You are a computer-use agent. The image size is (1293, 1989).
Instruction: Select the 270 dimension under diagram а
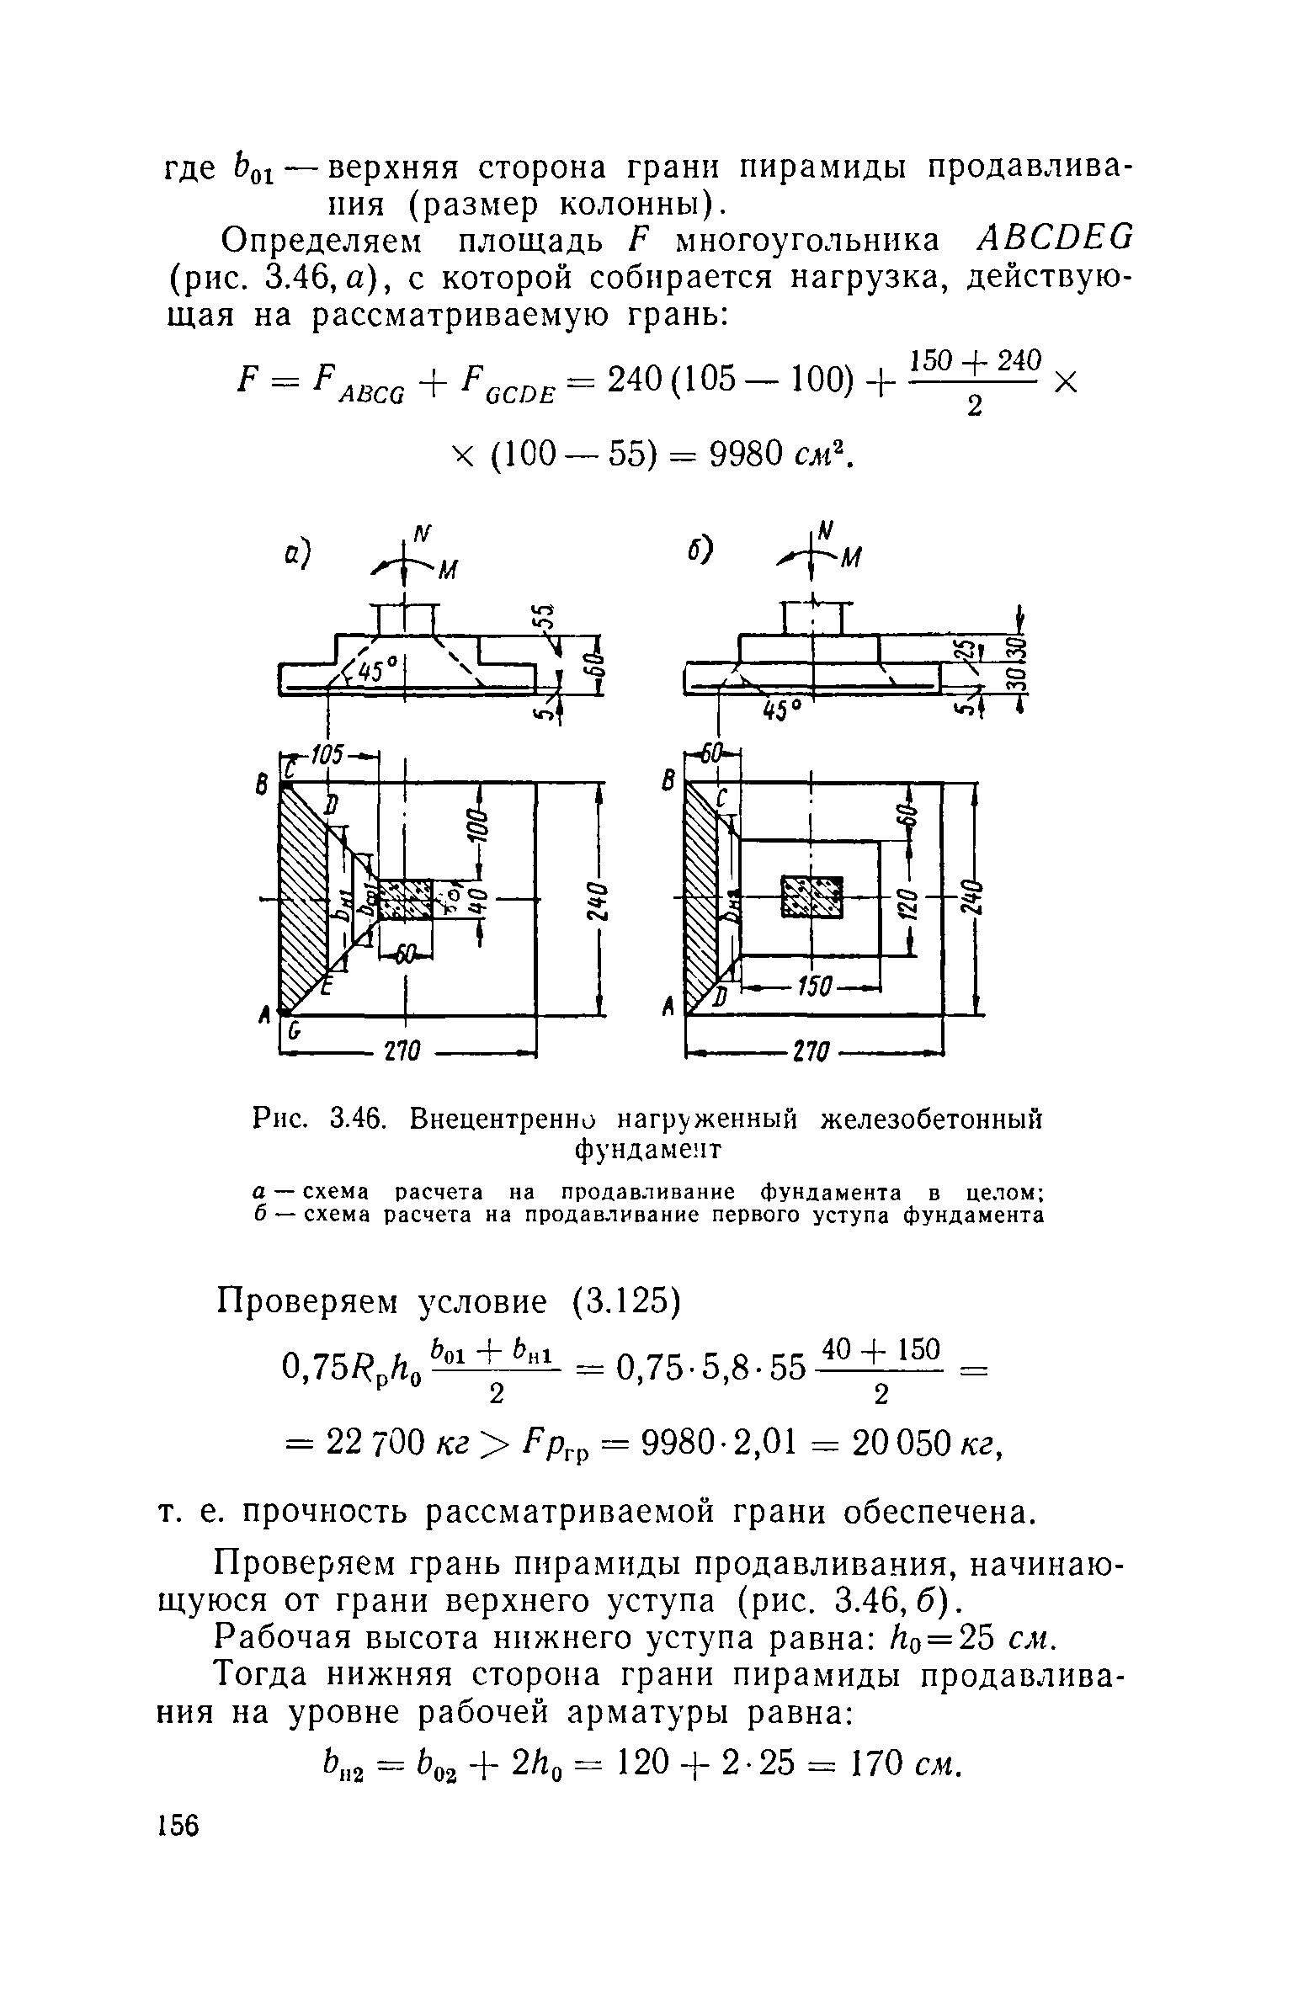tap(407, 1052)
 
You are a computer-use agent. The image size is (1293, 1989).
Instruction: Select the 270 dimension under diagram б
tap(812, 1052)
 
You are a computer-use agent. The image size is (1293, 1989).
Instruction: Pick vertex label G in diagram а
tap(294, 1030)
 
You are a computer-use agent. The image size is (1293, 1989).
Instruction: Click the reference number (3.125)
tap(625, 1301)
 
